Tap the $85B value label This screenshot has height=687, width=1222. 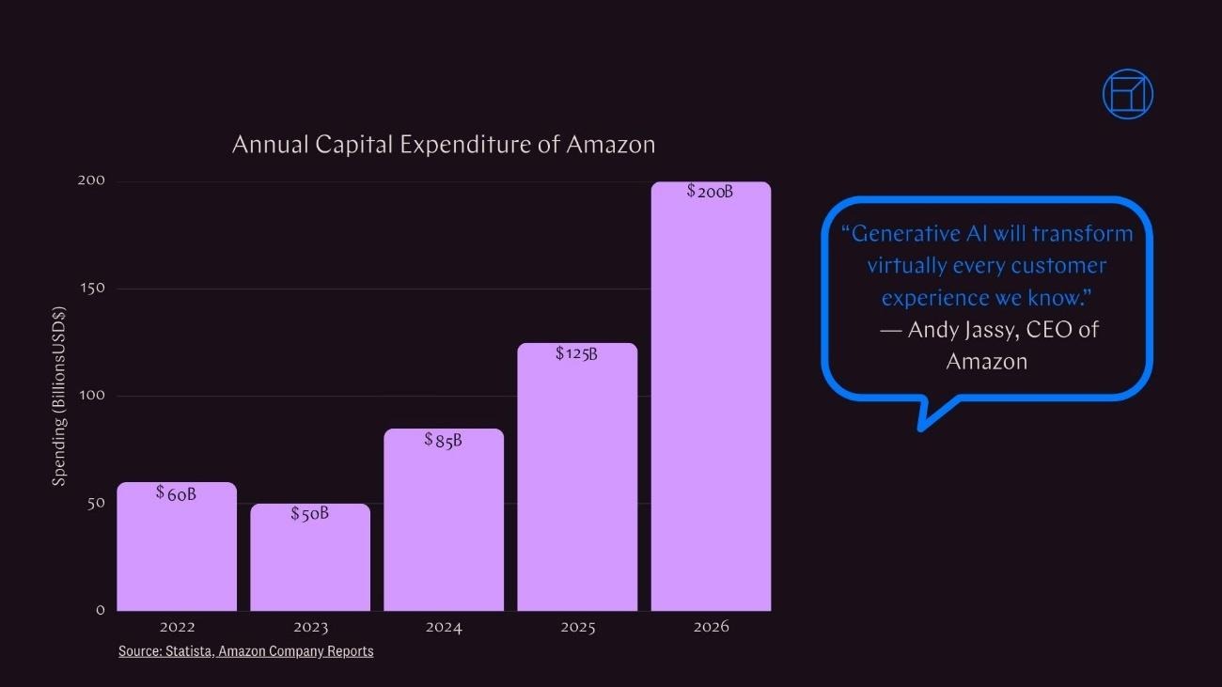(x=443, y=440)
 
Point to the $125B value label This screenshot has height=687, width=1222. (x=576, y=353)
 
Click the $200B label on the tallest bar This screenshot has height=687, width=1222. (x=710, y=192)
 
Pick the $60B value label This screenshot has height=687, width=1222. (x=176, y=492)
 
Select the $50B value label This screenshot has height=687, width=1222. (x=309, y=514)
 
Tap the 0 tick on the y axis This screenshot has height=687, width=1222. (x=100, y=610)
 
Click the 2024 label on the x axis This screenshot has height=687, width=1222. (x=444, y=627)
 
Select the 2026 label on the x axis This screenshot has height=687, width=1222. (x=711, y=627)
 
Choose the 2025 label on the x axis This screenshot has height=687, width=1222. (x=577, y=627)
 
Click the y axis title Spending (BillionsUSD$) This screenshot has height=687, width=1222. (x=59, y=397)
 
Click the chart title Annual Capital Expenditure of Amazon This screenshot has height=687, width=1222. (x=443, y=145)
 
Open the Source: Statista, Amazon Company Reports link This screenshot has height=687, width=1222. (x=245, y=651)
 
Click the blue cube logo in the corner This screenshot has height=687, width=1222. (x=1127, y=94)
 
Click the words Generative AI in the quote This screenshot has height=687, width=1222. (x=917, y=233)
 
